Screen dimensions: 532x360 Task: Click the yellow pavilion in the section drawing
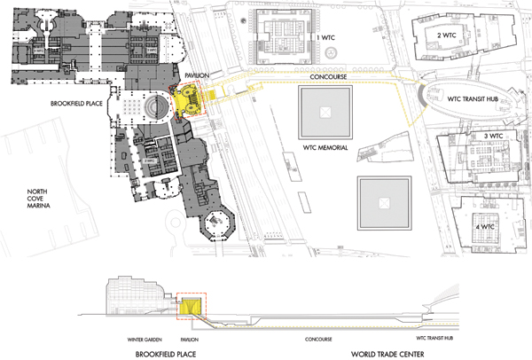191,305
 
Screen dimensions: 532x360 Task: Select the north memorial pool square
325,111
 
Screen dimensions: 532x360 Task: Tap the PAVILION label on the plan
197,77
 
